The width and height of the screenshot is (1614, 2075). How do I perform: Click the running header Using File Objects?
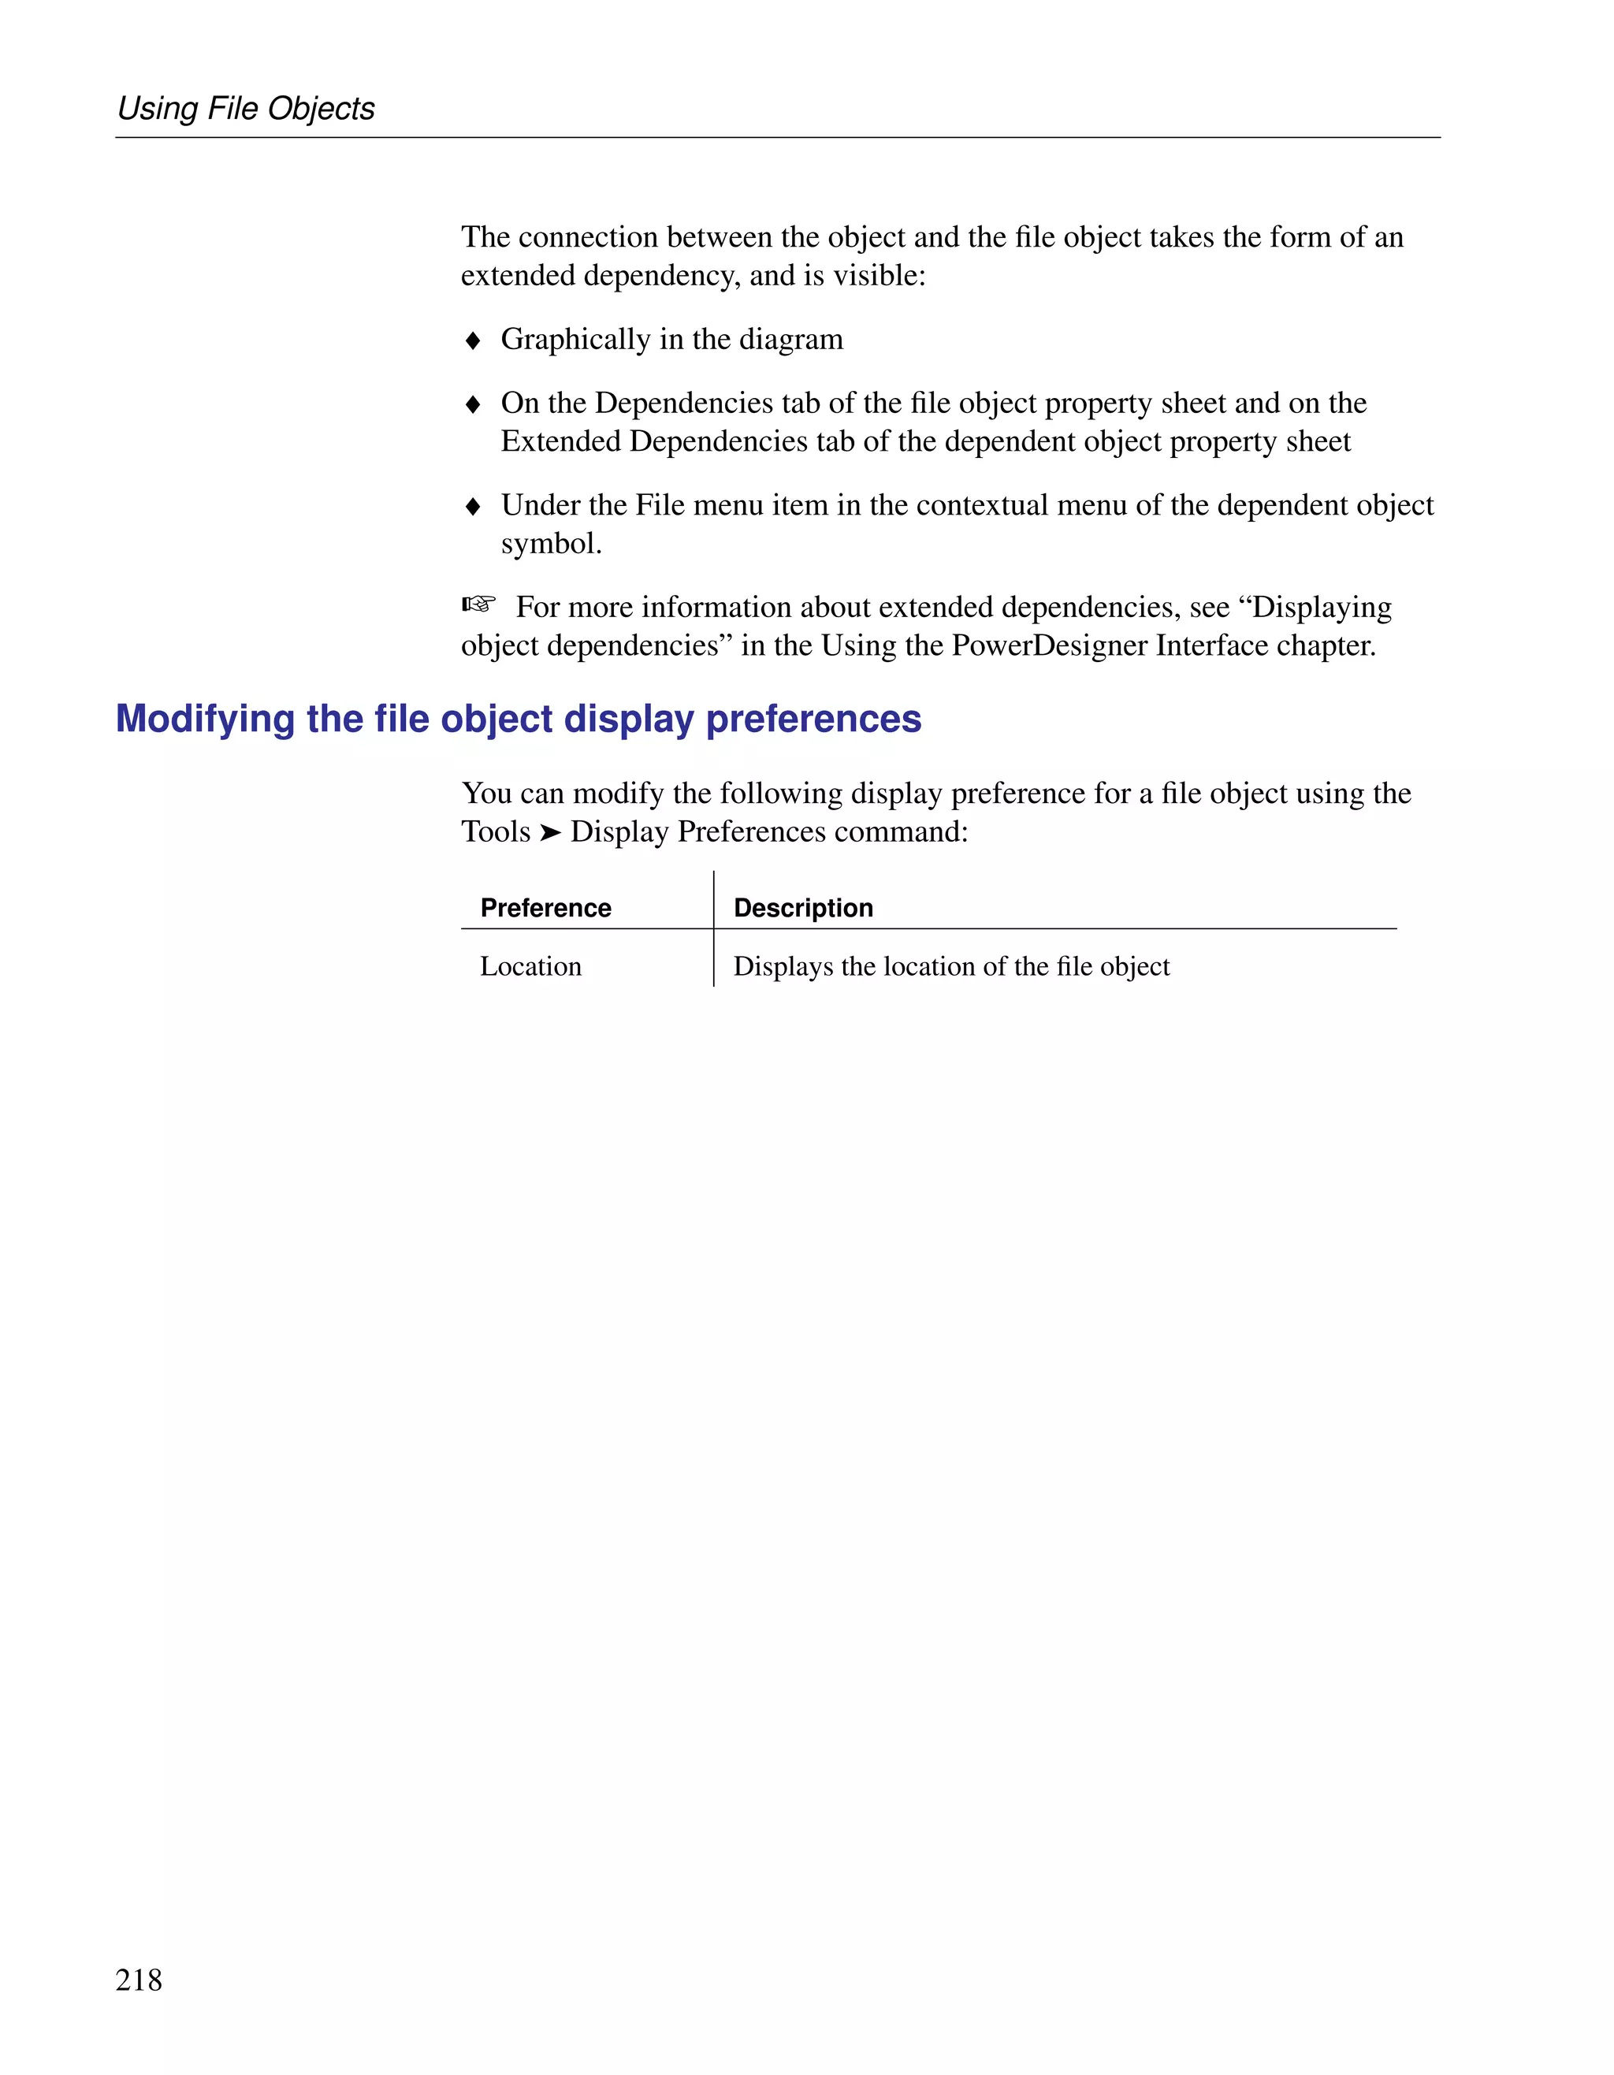click(245, 108)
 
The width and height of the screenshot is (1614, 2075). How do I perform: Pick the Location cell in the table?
click(530, 966)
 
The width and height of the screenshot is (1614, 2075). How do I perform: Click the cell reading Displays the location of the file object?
click(951, 966)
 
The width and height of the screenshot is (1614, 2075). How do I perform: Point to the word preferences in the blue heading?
click(813, 720)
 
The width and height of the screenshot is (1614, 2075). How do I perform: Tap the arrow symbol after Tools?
click(550, 832)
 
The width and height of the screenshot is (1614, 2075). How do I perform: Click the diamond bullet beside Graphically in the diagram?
click(473, 341)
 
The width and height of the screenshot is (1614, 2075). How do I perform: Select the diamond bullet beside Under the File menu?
click(473, 507)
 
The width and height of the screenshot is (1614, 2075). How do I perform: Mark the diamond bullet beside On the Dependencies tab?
click(473, 405)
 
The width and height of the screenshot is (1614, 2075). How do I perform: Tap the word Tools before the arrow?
click(495, 831)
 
